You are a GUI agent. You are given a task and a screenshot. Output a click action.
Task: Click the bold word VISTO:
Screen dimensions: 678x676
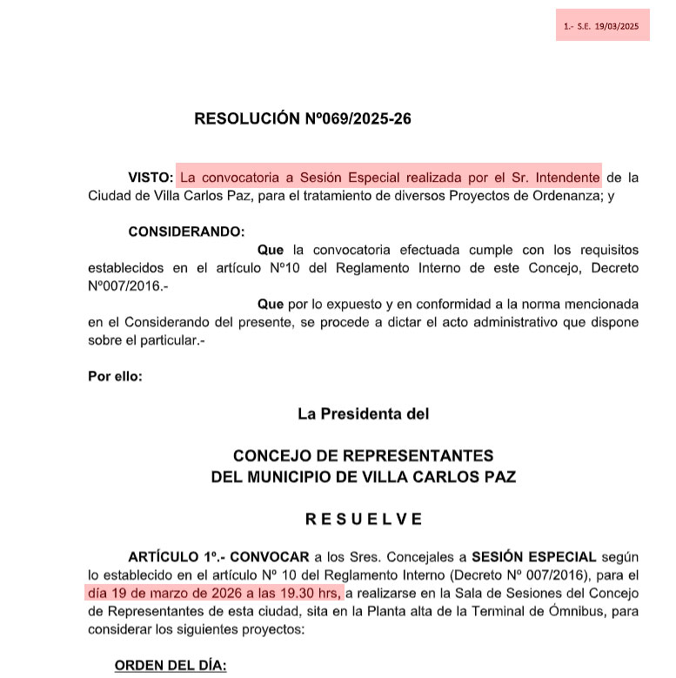(x=151, y=177)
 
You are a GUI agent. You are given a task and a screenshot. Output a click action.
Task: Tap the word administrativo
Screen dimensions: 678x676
(x=435, y=322)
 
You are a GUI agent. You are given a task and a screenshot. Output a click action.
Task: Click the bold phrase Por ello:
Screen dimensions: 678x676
(x=115, y=376)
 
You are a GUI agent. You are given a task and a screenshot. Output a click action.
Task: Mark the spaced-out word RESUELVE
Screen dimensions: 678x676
(x=364, y=519)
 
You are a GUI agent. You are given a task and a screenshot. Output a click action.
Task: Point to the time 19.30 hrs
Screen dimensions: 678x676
(x=307, y=594)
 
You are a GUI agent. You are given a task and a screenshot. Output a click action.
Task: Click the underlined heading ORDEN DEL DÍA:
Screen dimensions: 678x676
(x=171, y=666)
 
